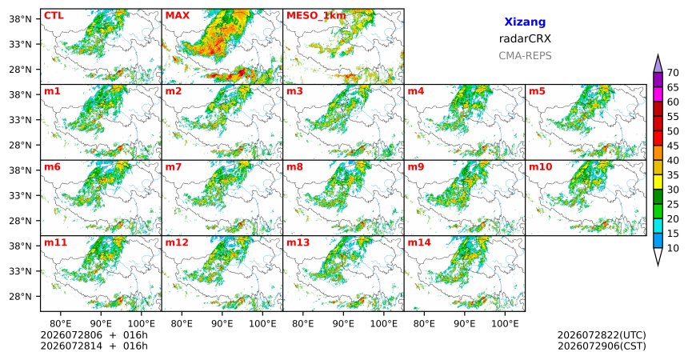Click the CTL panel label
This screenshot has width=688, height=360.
54,16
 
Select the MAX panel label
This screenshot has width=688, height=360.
178,16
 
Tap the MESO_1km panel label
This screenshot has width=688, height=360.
316,16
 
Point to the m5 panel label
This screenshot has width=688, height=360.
537,91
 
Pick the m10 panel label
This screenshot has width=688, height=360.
540,167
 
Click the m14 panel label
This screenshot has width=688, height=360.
419,242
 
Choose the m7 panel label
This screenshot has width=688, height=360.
173,167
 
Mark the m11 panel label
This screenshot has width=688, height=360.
55,242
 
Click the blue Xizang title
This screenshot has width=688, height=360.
525,22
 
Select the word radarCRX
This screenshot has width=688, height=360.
525,38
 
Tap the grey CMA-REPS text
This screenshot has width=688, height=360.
525,56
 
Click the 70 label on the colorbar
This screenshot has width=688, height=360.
673,73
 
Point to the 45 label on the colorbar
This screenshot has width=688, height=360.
673,146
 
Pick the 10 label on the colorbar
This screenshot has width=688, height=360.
673,248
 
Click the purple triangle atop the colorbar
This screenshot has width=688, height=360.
658,64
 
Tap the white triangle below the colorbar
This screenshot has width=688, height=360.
658,256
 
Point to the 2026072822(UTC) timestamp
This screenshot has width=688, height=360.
602,335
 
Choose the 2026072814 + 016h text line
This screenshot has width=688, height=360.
94,346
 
